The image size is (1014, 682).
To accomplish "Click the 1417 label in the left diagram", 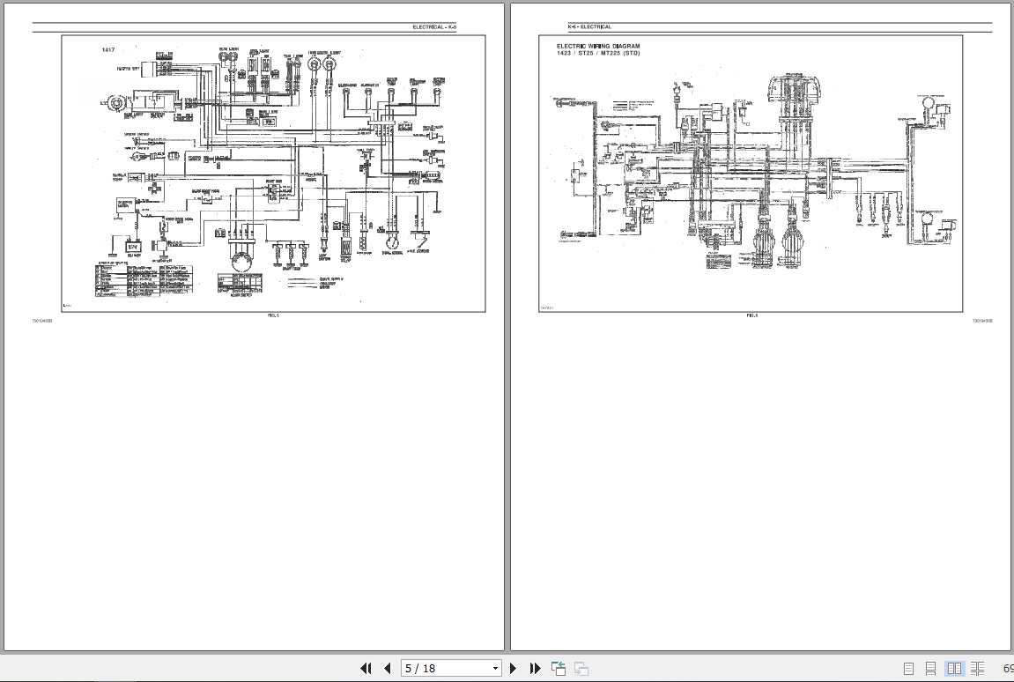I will [108, 49].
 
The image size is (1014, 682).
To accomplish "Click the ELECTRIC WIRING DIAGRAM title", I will [598, 46].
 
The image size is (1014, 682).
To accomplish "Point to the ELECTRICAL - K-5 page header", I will [434, 27].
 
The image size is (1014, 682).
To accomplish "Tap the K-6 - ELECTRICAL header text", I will [589, 27].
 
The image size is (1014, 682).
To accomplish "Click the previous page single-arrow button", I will [387, 668].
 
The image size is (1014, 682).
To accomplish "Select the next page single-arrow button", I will [513, 668].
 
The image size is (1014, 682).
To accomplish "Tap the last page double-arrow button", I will [534, 668].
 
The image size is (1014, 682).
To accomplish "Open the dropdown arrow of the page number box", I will [495, 668].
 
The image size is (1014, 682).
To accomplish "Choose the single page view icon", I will [907, 669].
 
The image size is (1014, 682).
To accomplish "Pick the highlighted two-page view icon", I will [953, 669].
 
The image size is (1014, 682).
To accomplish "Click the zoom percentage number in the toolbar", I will [1007, 669].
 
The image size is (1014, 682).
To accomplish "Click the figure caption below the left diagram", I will [273, 315].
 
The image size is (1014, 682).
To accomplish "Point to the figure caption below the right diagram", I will [751, 315].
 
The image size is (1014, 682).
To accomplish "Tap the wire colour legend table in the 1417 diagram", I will [144, 280].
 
